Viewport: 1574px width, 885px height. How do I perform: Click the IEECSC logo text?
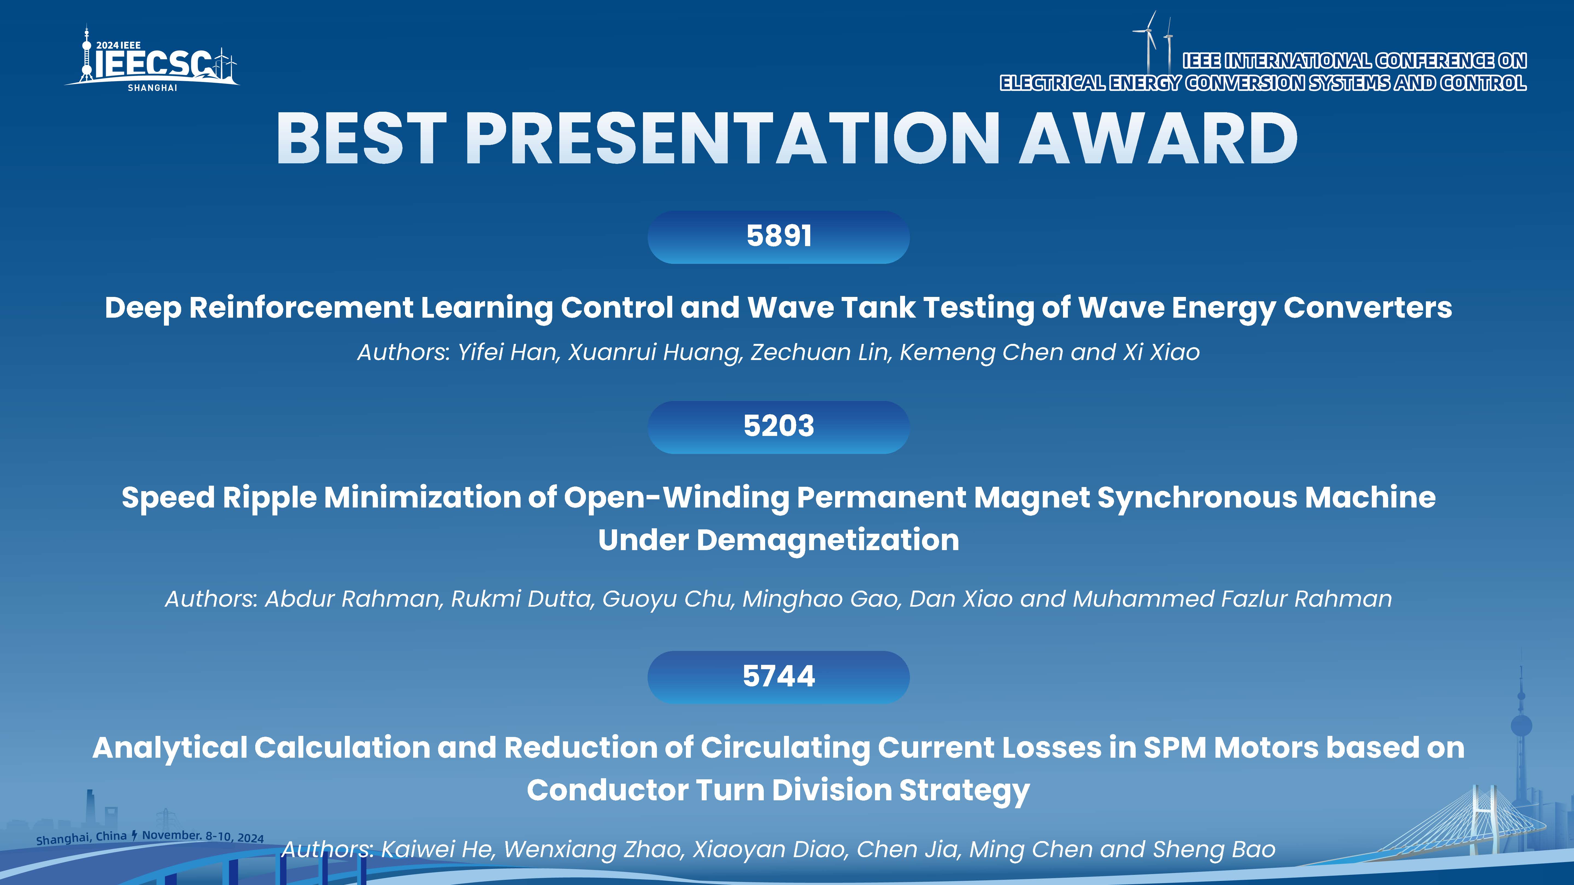tap(153, 64)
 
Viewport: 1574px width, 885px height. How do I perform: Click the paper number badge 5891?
tap(779, 237)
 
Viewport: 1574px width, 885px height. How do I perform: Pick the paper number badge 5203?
tap(779, 427)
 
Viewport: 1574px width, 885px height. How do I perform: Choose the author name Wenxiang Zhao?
tap(593, 849)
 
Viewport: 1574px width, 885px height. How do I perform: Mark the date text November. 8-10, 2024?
tap(203, 836)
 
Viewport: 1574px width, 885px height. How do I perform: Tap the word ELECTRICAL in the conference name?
tap(1052, 82)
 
